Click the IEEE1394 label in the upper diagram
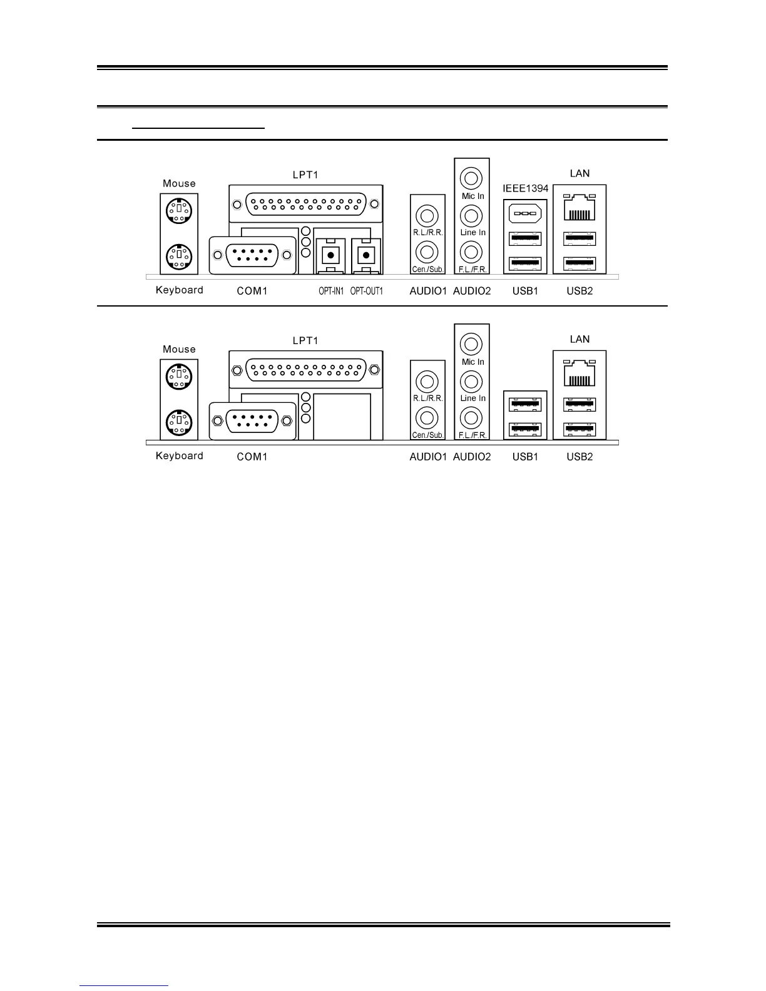[526, 188]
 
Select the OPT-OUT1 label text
[366, 291]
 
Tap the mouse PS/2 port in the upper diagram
[179, 210]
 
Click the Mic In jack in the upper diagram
[471, 178]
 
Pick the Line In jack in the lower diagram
[471, 381]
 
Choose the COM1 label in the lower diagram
[252, 457]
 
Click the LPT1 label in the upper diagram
[305, 175]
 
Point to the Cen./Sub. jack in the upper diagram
[427, 252]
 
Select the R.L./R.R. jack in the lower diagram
[427, 381]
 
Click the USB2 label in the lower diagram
[580, 457]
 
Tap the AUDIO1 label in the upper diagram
[428, 291]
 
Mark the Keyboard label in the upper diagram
[180, 290]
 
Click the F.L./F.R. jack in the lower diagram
[471, 417]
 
